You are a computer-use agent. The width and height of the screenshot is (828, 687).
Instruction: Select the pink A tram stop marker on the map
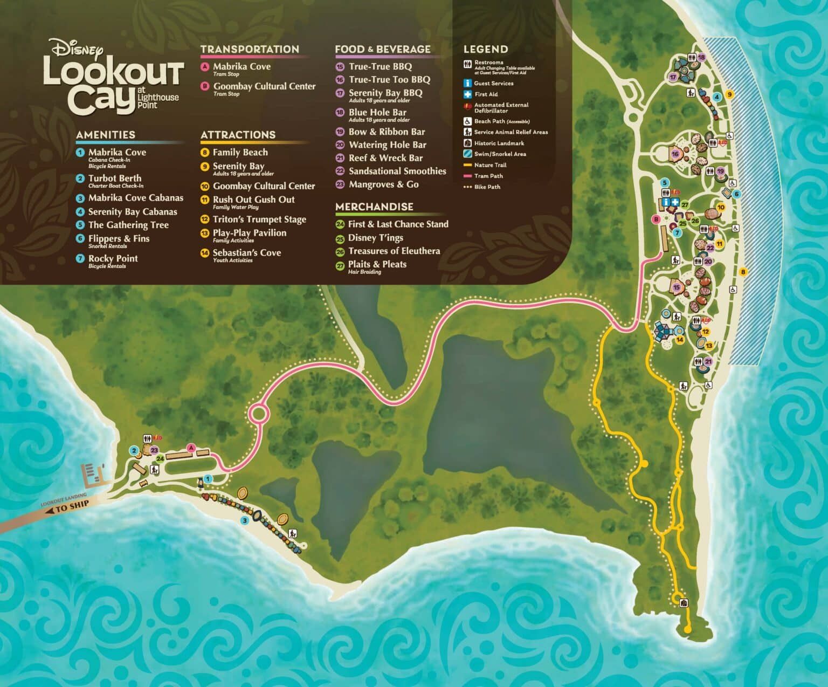click(x=190, y=447)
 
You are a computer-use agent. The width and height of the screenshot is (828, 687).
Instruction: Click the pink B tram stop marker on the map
click(x=656, y=219)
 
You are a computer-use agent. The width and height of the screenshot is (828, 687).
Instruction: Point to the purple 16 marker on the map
click(x=675, y=154)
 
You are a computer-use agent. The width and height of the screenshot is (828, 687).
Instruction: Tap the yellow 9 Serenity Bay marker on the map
click(x=729, y=94)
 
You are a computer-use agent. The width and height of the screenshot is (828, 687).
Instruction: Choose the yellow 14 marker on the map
click(x=680, y=340)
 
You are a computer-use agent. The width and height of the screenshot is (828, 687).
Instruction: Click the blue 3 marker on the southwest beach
click(x=244, y=520)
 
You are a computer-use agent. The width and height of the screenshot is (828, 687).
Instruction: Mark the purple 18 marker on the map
click(x=701, y=57)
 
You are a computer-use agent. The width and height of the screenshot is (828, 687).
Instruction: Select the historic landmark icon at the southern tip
click(x=684, y=603)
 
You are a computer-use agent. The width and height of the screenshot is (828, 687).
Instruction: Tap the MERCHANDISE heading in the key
click(x=374, y=207)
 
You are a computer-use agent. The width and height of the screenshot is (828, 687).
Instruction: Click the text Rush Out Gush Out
click(x=253, y=200)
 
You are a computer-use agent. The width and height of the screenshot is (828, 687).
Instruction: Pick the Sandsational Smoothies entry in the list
click(x=397, y=171)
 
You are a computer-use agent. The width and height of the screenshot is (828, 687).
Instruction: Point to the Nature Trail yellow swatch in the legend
click(x=467, y=165)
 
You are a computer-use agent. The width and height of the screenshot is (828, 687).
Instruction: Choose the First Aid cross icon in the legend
click(x=467, y=94)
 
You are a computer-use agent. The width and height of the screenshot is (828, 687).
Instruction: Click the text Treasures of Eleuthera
click(x=394, y=251)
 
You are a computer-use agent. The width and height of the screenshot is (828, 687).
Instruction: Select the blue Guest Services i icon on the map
click(x=666, y=202)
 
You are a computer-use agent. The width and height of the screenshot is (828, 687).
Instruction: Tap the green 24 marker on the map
click(x=160, y=459)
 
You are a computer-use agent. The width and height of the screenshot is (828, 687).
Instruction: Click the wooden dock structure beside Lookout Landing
click(x=92, y=475)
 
